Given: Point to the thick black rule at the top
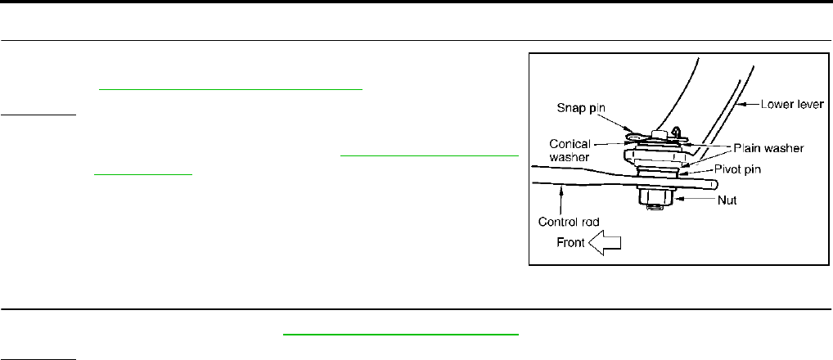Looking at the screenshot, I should [416, 2].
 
